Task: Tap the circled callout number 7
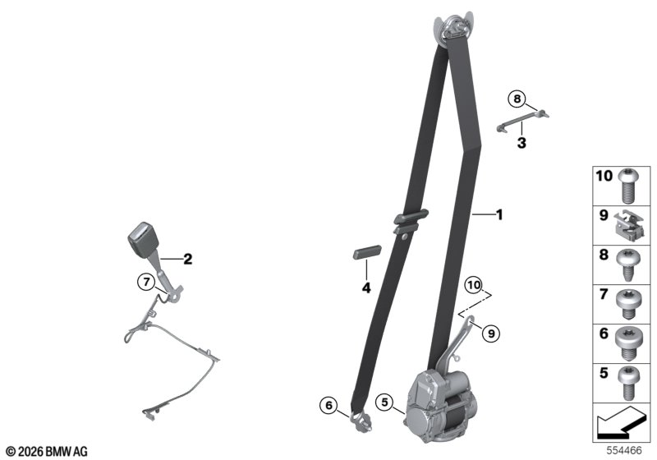[146, 283]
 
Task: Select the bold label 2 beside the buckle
[188, 259]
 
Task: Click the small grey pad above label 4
[366, 252]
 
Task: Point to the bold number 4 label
[366, 287]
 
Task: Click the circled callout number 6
[328, 405]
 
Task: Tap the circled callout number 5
[384, 402]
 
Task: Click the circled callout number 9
[490, 333]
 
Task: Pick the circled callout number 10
[474, 285]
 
